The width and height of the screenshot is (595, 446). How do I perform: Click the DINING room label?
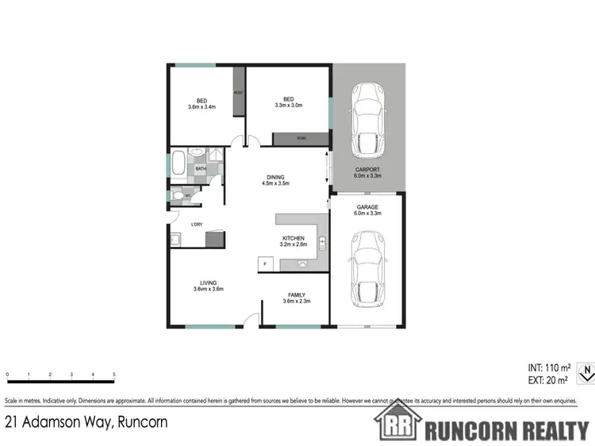coord(273,177)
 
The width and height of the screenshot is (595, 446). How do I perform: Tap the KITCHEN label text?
coord(294,238)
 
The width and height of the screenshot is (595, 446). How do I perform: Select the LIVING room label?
coord(208,283)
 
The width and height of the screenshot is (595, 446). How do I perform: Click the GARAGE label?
coord(367,207)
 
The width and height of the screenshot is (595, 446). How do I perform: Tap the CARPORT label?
coord(367,169)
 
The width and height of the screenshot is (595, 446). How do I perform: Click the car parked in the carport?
coord(367,119)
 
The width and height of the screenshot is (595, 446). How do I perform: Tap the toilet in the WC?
coord(178,194)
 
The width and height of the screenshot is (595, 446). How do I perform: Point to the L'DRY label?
coord(196,224)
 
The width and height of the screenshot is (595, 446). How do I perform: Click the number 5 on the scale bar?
coord(114,374)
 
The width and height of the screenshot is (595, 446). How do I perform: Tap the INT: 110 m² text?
coord(549,367)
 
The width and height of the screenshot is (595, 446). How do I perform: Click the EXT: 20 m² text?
coord(549,380)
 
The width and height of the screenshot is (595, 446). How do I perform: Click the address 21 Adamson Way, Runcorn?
coord(86,422)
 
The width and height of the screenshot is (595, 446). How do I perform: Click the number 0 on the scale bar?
coord(7,374)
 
